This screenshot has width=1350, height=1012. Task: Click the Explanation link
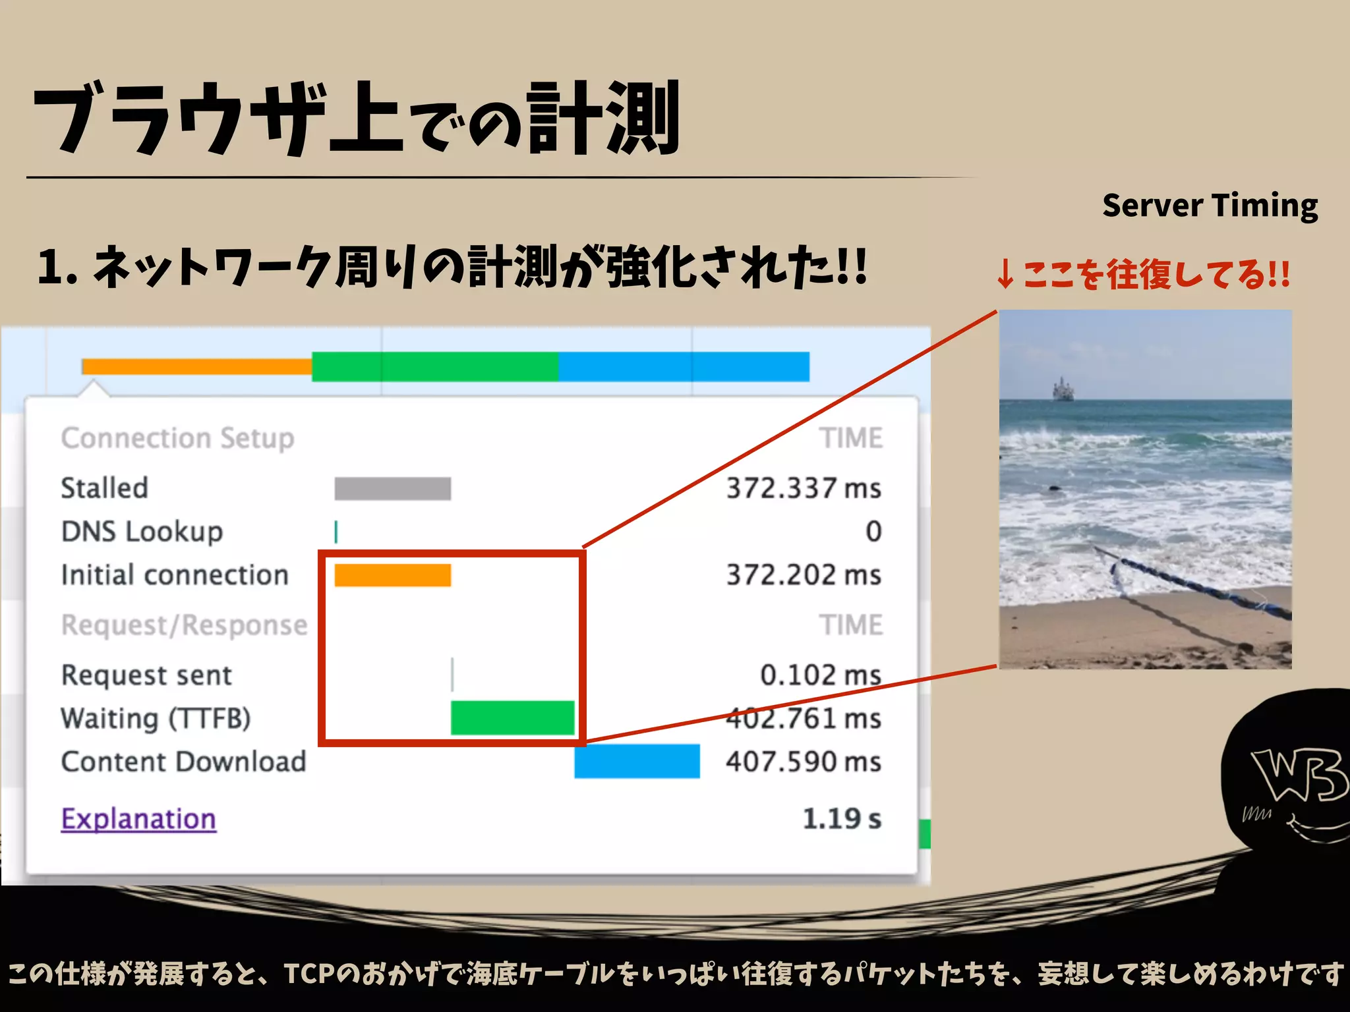[138, 819]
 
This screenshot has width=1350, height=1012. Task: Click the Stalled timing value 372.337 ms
[803, 489]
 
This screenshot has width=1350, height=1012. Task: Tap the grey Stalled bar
[392, 489]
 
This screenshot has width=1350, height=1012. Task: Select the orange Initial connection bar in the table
[392, 575]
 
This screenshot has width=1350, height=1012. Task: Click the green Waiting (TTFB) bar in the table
[512, 717]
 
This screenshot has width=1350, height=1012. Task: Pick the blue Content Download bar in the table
[636, 762]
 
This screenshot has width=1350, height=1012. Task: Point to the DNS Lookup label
[142, 532]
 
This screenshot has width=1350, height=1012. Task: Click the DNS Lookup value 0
[873, 532]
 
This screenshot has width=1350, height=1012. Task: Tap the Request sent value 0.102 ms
[820, 675]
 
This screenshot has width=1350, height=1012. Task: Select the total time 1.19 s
[841, 819]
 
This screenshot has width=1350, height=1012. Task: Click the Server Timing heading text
[1210, 206]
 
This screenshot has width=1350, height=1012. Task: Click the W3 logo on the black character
[1297, 775]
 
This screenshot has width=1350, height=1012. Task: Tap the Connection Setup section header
[177, 439]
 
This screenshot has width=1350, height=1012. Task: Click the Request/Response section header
[184, 625]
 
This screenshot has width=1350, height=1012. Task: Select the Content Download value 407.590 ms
[803, 762]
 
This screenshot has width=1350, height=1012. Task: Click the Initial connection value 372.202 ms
[803, 575]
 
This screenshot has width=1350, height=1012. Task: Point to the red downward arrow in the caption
[1005, 275]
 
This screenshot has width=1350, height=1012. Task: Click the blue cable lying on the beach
[1187, 580]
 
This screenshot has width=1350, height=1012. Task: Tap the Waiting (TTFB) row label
[156, 719]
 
